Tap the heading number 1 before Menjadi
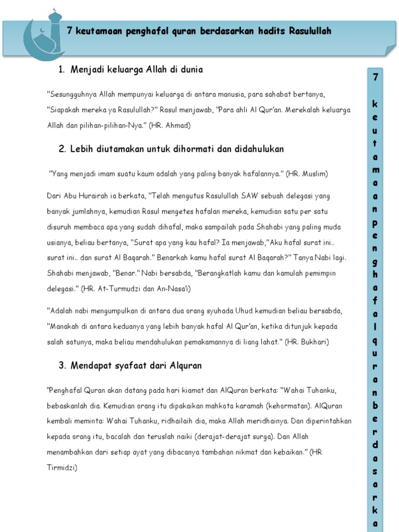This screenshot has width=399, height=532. pos(61,70)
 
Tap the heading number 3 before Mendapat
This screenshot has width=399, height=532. pos(61,366)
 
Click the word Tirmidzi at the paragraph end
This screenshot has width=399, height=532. pos(62,468)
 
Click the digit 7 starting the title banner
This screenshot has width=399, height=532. pos(70,31)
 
